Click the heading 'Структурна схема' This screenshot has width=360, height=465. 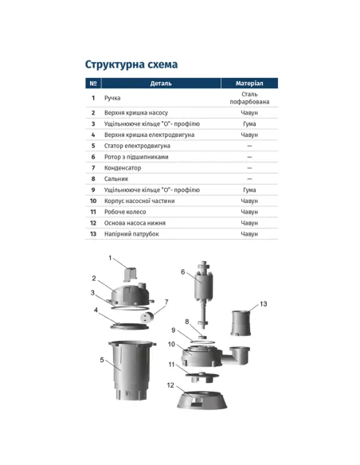(x=131, y=64)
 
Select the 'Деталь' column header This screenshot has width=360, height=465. (x=160, y=83)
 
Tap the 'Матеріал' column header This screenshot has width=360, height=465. (x=249, y=83)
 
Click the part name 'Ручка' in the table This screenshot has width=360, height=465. (x=112, y=98)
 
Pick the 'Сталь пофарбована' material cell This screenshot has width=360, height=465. (x=249, y=98)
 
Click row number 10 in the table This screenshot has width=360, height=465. (x=93, y=201)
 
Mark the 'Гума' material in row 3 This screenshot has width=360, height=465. (x=249, y=124)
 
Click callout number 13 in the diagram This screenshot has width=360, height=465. (x=264, y=304)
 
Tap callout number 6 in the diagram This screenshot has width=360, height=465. (x=182, y=272)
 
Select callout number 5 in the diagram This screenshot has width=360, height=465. (x=102, y=360)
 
